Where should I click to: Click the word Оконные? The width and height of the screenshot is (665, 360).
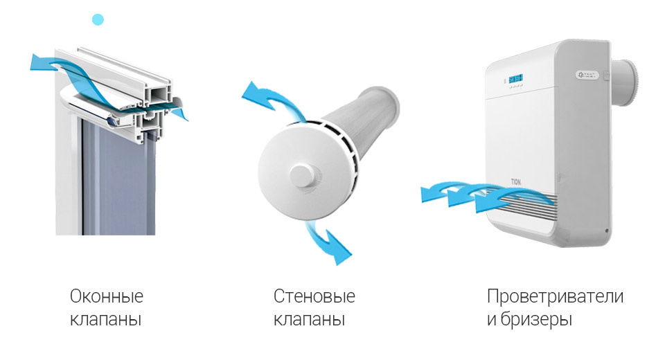107,296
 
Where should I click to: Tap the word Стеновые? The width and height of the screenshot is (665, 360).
314,296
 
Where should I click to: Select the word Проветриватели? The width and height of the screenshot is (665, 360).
555,296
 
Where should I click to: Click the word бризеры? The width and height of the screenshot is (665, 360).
536,319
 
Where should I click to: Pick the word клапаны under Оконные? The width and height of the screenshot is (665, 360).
105,319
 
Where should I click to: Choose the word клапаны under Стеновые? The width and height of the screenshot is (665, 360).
309,319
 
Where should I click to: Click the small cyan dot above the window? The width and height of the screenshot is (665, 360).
98,19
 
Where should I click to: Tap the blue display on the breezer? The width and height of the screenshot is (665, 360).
515,79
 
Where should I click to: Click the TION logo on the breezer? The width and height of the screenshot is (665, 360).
515,182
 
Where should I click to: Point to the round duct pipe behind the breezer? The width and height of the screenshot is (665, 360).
624,83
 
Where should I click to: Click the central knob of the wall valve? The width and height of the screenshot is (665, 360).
303,175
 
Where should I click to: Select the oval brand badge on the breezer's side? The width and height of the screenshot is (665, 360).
587,75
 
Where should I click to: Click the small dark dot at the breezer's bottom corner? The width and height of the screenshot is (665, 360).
607,231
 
